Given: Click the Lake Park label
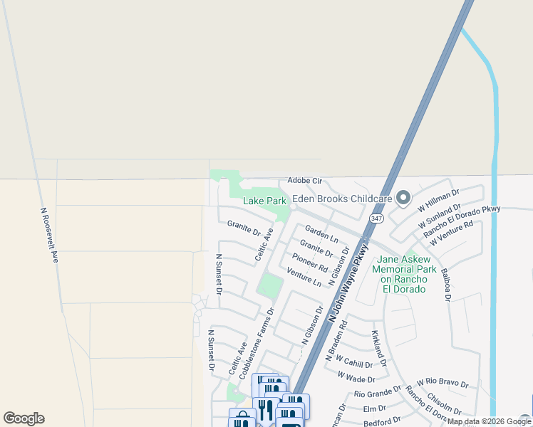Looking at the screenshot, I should pos(264,201).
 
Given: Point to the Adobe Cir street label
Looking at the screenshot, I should pos(305,181).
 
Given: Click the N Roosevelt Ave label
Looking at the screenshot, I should pos(48,236).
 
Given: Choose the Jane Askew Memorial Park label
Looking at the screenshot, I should pos(407,269).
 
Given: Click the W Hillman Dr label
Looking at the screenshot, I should pos(440,199).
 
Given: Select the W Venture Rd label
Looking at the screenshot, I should pos(451,234).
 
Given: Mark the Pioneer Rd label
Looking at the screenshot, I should pos(309,263).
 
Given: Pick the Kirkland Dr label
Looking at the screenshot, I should pos(378,348).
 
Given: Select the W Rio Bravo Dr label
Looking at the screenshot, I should pos(443,384).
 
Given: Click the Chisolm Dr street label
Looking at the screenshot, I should pos(443,403).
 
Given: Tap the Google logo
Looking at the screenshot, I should pos(24,418).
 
